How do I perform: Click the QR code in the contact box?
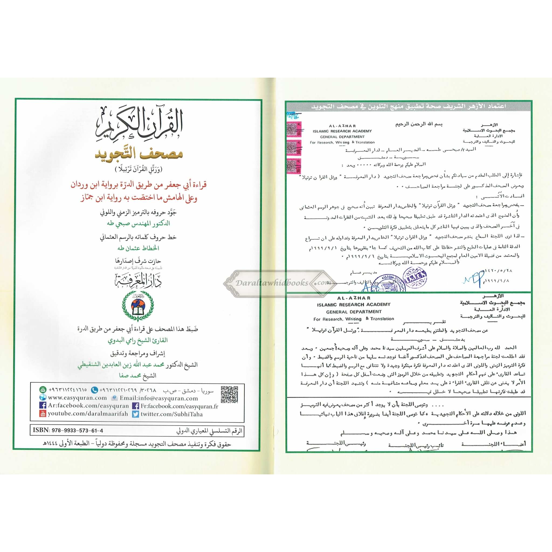[x=229, y=395]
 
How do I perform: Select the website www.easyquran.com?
[x=77, y=398]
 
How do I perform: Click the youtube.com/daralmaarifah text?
[x=88, y=413]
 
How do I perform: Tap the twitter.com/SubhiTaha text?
[x=171, y=414]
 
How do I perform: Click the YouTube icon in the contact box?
[x=43, y=413]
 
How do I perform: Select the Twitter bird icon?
[x=135, y=414]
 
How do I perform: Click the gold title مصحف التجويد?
[x=139, y=154]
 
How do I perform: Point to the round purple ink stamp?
[x=414, y=276]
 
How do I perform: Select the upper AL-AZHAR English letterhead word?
[x=342, y=126]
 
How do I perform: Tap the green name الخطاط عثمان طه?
[x=138, y=248]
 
